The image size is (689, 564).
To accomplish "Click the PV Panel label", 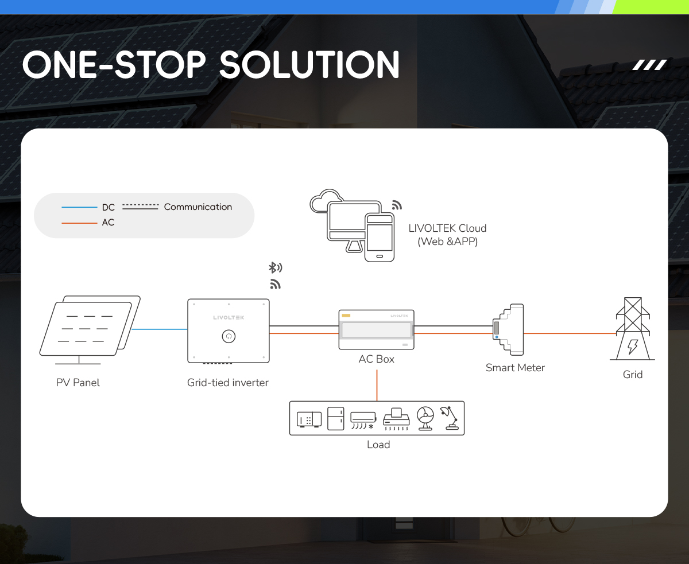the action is tap(78, 383).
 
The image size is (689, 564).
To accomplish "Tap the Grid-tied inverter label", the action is tap(228, 383).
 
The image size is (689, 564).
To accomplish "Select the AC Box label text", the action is tap(376, 359).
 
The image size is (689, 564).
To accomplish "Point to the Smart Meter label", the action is tap(515, 368).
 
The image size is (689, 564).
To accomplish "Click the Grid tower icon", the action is tap(633, 329).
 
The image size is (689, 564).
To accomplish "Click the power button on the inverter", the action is tap(229, 336).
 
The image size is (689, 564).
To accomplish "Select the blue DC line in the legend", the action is tap(79, 207).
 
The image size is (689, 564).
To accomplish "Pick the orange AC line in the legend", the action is tap(79, 223).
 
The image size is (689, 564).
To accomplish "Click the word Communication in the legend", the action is tap(198, 207).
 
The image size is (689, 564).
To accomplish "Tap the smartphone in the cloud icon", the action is tap(380, 238).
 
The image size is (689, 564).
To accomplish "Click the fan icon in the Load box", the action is tap(425, 418).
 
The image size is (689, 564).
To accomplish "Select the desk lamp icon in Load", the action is tap(450, 418).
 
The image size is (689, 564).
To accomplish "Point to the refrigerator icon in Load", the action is tap(335, 418).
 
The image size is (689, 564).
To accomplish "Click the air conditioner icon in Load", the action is tap(363, 421).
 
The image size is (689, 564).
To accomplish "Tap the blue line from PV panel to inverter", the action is tap(160, 329).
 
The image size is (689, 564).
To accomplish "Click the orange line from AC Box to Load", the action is tap(377, 385).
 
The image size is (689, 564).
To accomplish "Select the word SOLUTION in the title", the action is tap(309, 65).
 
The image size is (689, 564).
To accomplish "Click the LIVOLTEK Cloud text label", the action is tap(448, 235).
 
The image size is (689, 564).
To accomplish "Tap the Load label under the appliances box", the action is tap(378, 445).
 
